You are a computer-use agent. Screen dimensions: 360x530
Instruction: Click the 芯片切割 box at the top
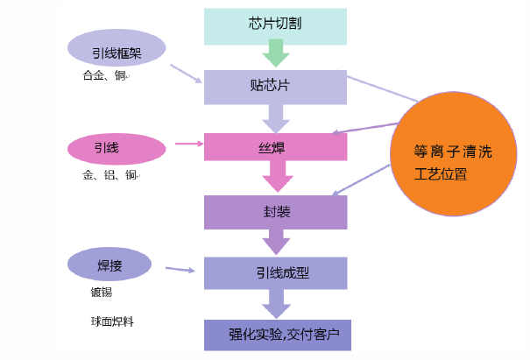(276, 25)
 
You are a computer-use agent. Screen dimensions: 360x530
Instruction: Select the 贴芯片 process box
(276, 86)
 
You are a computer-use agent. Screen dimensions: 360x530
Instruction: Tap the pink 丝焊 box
(276, 147)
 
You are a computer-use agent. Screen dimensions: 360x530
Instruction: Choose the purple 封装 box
(276, 211)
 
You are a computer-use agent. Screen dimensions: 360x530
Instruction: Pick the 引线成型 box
(276, 272)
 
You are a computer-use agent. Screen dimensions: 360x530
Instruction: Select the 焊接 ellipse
(112, 265)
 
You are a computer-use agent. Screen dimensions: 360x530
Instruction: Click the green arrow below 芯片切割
(276, 55)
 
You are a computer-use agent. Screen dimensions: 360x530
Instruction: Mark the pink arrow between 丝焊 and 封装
(277, 179)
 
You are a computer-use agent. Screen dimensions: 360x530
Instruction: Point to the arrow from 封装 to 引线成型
(277, 242)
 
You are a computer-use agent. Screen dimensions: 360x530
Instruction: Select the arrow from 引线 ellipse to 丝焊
(187, 143)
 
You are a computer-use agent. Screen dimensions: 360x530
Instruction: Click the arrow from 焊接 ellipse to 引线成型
(180, 271)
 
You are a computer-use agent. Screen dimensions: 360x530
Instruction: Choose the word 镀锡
(102, 293)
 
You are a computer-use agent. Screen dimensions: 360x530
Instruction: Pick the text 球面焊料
(112, 321)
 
